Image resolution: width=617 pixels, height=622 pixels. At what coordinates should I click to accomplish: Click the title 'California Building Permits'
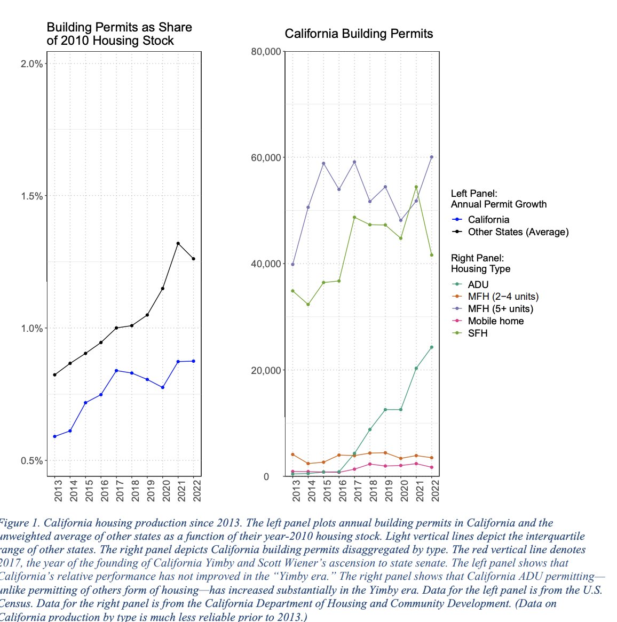point(359,34)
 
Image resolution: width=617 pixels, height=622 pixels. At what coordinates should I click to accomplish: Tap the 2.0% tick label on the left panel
point(31,64)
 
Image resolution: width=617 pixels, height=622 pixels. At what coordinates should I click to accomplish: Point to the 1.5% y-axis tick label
point(31,196)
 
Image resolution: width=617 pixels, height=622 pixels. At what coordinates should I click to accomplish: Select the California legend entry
point(488,220)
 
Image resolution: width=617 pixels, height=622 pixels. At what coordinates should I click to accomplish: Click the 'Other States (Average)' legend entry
point(518,232)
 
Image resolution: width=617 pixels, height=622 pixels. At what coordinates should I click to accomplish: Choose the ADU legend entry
point(478,285)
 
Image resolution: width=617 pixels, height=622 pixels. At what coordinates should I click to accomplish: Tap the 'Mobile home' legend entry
point(495,321)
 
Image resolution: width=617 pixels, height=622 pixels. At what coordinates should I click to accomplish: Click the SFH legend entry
point(477,333)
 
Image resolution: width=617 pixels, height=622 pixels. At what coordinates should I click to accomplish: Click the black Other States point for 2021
point(178,244)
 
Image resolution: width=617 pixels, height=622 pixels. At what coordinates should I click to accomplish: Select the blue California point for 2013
point(54,437)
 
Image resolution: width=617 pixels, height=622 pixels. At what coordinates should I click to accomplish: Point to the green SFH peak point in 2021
point(416,187)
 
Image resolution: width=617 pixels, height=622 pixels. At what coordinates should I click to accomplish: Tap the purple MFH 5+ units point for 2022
point(432,157)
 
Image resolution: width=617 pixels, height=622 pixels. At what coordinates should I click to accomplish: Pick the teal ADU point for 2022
point(432,347)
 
